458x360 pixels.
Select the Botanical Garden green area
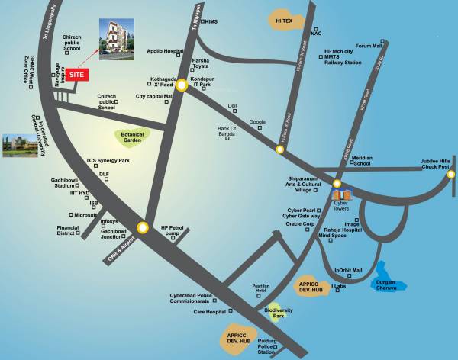pyautogui.click(x=133, y=137)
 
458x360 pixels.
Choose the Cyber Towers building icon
pyautogui.click(x=341, y=196)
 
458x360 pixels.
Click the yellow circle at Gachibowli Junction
pyautogui.click(x=143, y=226)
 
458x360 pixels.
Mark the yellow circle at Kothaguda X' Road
pyautogui.click(x=181, y=86)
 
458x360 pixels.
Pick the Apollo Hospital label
pyautogui.click(x=165, y=51)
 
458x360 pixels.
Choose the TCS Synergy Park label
pyautogui.click(x=108, y=162)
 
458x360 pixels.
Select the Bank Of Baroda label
pyautogui.click(x=227, y=131)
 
